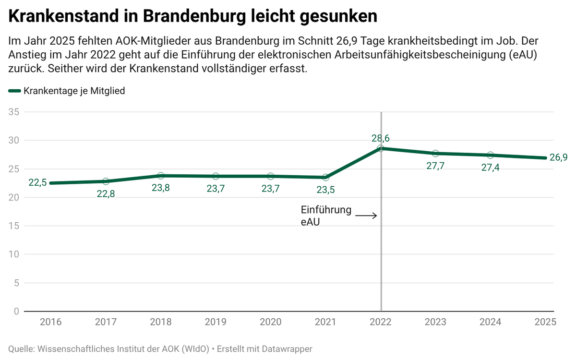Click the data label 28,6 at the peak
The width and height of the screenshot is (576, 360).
[381, 138]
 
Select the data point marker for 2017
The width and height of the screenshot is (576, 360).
[106, 181]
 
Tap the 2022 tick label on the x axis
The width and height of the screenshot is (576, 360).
[381, 322]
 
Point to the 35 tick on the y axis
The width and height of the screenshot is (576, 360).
[13, 112]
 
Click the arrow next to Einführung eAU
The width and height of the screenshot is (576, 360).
[366, 216]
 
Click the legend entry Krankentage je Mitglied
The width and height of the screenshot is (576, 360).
[74, 91]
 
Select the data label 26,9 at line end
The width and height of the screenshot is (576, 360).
[558, 157]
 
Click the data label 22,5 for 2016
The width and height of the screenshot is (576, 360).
[37, 182]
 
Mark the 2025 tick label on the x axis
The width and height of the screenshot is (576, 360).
[545, 322]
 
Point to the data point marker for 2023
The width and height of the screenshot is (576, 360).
[435, 154]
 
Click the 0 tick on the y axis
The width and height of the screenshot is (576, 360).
[16, 311]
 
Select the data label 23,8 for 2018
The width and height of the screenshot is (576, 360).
[161, 188]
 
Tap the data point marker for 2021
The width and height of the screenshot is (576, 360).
[326, 178]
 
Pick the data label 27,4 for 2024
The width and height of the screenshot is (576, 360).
[490, 167]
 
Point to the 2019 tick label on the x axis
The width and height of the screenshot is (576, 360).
[216, 322]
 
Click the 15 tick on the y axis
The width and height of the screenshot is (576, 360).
[13, 226]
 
